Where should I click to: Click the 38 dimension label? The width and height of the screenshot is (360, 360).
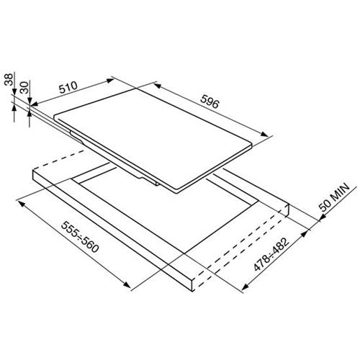pyautogui.click(x=9, y=80)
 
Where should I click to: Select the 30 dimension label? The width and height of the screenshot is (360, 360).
pyautogui.click(x=24, y=87)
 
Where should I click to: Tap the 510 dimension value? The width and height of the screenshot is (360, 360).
pyautogui.click(x=68, y=87)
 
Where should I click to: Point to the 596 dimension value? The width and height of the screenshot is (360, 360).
pyautogui.click(x=210, y=102)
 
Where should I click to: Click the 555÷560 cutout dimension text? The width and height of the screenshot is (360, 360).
pyautogui.click(x=80, y=237)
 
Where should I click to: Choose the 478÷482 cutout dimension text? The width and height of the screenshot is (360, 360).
pyautogui.click(x=271, y=254)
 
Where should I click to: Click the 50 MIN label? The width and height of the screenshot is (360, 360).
pyautogui.click(x=334, y=197)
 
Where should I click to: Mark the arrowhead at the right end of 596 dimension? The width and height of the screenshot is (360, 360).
pyautogui.click(x=265, y=134)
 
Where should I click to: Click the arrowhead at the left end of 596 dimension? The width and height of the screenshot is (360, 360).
pyautogui.click(x=157, y=85)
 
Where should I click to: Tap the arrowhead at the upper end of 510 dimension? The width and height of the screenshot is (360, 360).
pyautogui.click(x=110, y=80)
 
